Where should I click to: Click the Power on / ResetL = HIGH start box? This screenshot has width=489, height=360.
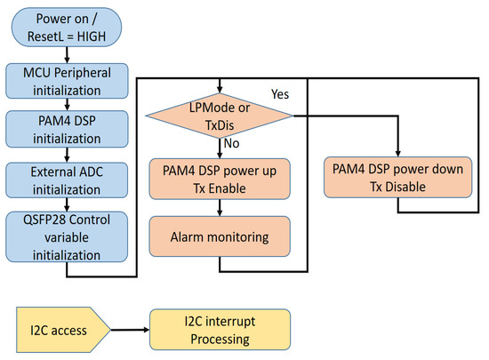tap(67, 28)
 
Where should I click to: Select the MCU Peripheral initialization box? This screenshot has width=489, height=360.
tap(67, 81)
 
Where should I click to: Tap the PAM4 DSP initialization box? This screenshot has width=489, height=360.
tap(67, 129)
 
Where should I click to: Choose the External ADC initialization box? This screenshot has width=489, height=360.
tap(67, 180)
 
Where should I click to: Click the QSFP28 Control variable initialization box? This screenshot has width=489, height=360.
tap(67, 236)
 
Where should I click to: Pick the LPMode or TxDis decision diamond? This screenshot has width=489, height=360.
tap(220, 116)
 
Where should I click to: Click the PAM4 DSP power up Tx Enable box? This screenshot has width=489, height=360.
tap(220, 179)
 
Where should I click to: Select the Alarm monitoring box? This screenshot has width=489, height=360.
tap(220, 236)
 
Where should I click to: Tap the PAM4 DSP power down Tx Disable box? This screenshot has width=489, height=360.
tap(397, 178)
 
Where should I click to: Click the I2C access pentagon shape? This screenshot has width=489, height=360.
tap(63, 330)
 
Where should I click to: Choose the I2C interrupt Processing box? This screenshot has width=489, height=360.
tap(220, 330)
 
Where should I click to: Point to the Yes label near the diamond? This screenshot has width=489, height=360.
tap(280, 94)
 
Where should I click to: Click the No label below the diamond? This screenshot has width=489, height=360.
tap(231, 143)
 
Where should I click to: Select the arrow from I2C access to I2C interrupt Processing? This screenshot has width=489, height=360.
tap(130, 330)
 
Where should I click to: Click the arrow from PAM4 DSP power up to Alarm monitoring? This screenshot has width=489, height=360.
tap(220, 208)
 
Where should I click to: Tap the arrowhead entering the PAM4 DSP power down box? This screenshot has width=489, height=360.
tap(397, 154)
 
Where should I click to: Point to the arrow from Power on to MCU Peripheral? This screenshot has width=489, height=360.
tap(67, 55)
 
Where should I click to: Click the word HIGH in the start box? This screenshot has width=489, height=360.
tap(92, 36)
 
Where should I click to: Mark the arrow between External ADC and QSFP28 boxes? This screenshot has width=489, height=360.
tap(67, 204)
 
